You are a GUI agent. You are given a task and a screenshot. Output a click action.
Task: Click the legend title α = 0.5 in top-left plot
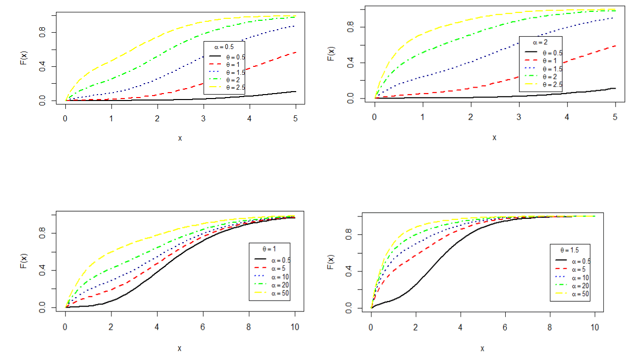(224, 46)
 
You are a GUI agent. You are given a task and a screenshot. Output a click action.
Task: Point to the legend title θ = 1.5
(570, 251)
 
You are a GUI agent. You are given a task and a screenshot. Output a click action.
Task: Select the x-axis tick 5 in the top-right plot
(615, 117)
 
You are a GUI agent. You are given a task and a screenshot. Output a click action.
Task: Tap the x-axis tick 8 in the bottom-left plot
(249, 327)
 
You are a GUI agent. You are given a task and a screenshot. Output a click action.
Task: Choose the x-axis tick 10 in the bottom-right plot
(594, 328)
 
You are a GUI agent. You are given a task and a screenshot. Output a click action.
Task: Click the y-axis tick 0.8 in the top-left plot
(44, 32)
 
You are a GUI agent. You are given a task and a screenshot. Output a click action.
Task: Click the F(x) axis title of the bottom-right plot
(331, 262)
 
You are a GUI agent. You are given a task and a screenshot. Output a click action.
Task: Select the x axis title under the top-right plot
(494, 137)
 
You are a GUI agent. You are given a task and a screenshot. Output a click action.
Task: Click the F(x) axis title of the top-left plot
(23, 58)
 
